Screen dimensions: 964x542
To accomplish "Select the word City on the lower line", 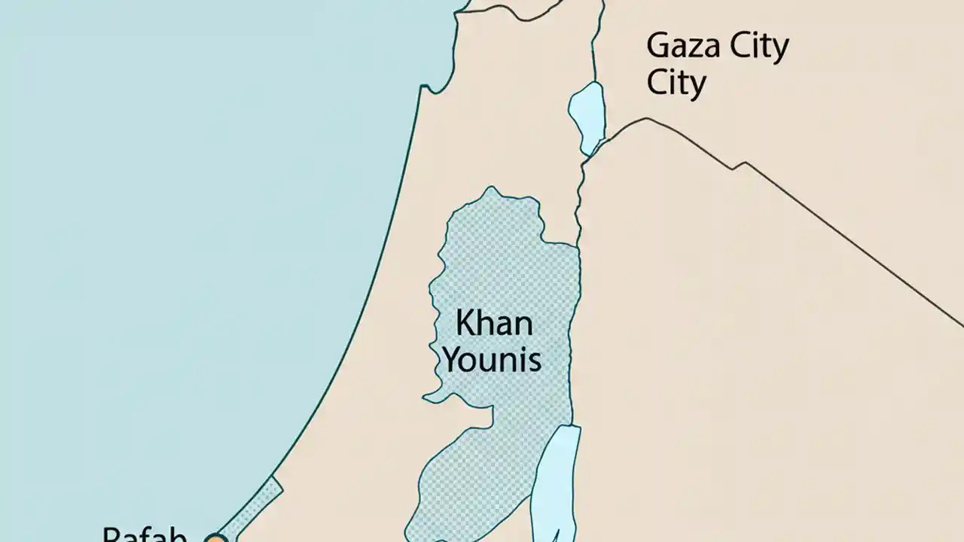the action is [676, 84].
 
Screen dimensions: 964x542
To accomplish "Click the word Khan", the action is [494, 324].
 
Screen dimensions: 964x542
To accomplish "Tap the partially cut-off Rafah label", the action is [145, 534].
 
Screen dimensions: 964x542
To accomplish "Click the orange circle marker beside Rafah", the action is [216, 537].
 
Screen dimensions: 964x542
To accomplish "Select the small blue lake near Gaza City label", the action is [587, 117].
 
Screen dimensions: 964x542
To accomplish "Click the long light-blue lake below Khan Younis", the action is [556, 482].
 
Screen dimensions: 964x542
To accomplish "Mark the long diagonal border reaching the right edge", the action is [851, 241].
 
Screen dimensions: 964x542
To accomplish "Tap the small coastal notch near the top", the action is [429, 88].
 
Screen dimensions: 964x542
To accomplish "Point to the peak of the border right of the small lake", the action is [645, 119].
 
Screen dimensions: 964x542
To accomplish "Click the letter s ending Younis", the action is [534, 361].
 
